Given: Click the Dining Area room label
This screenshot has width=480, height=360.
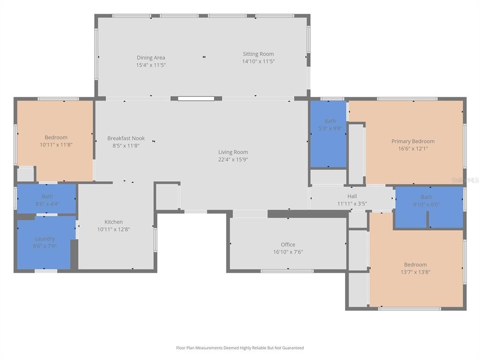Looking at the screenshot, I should coord(151,58).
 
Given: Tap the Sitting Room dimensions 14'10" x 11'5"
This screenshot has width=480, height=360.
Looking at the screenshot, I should coord(258,61).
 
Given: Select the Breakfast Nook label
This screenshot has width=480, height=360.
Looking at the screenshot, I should coord(126,138).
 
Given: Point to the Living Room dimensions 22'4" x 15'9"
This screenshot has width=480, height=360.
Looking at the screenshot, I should coord(233,159).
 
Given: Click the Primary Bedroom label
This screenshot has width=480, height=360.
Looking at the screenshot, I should coord(413,141).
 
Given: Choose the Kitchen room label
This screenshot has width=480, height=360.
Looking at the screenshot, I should coord(113,222).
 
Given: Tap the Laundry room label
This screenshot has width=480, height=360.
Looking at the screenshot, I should coord(45,239).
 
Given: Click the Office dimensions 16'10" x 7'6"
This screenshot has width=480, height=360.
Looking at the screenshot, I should coord(288,252).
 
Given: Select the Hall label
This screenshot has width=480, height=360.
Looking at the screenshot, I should coord(352,196).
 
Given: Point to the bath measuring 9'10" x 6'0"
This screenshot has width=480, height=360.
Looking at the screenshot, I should coord(426,201).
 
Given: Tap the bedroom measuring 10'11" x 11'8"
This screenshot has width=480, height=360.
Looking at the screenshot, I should coord(56,141).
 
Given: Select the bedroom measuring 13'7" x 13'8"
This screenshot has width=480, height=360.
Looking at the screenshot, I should coord(415,268).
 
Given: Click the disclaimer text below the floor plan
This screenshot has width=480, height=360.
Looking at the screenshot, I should coord(240,348).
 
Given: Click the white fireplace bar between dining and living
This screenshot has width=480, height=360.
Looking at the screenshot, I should coord(196,98).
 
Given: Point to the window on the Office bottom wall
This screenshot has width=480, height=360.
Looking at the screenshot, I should coord(287,271).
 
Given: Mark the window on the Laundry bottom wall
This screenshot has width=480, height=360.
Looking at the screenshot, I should coord(46,271).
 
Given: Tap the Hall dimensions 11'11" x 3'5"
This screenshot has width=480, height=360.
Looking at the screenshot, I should coord(352,204).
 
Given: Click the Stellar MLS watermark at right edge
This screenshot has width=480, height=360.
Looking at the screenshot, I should coord(465,180).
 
